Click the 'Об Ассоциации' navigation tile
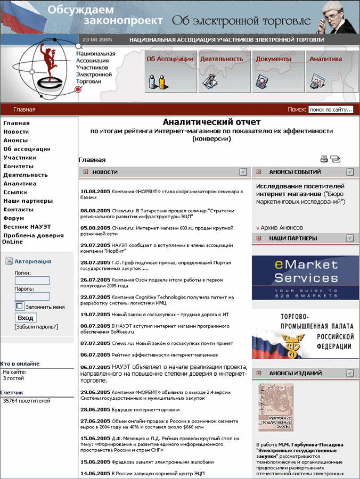coord(170,71)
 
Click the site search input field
coord(330,110)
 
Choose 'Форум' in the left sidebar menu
coord(13,218)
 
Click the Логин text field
coord(32,280)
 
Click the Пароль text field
coord(32,296)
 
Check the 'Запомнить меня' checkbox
coord(20,306)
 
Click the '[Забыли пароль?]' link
coord(36,327)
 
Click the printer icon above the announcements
coord(324,159)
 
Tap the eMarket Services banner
coord(306,278)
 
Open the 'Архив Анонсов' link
coord(282,228)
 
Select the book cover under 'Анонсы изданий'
coord(276,407)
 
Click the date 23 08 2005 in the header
coord(97,40)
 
